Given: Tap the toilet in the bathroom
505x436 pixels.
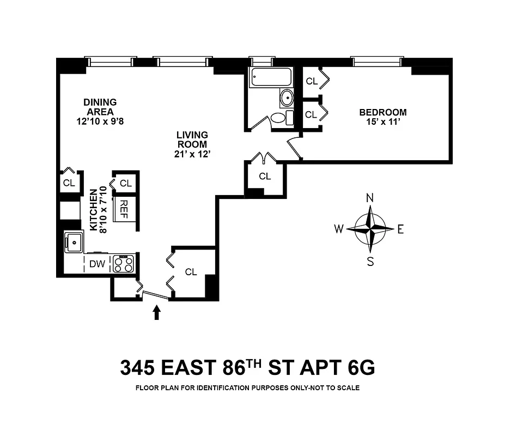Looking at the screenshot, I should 278,118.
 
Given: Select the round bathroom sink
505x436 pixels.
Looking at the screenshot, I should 287,99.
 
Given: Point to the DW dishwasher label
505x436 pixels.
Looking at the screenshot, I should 97,264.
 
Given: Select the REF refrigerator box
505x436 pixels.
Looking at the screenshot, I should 124,207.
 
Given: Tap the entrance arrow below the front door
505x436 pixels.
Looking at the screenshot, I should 157,312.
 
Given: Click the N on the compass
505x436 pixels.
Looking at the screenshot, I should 370,198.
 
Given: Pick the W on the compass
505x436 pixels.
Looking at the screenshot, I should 339,229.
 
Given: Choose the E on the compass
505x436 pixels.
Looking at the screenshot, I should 400,229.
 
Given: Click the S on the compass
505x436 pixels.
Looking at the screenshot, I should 370,262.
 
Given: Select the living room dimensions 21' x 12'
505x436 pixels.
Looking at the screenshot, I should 192,154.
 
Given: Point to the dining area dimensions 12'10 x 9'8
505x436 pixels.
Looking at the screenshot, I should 100,122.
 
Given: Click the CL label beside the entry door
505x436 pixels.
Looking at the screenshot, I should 190,272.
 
